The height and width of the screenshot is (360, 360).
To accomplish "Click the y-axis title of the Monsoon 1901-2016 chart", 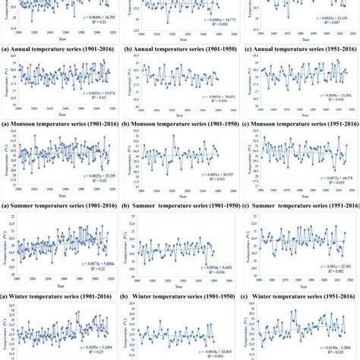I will (x=5, y=85).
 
